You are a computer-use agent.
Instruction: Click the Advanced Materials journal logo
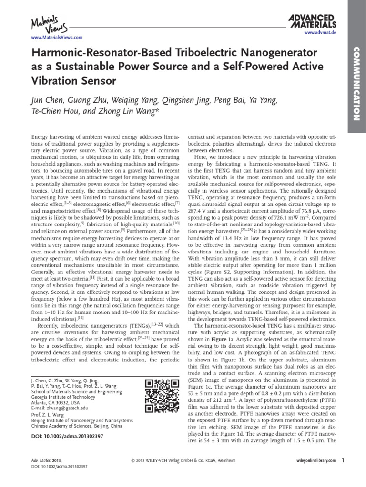pos(313,21)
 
